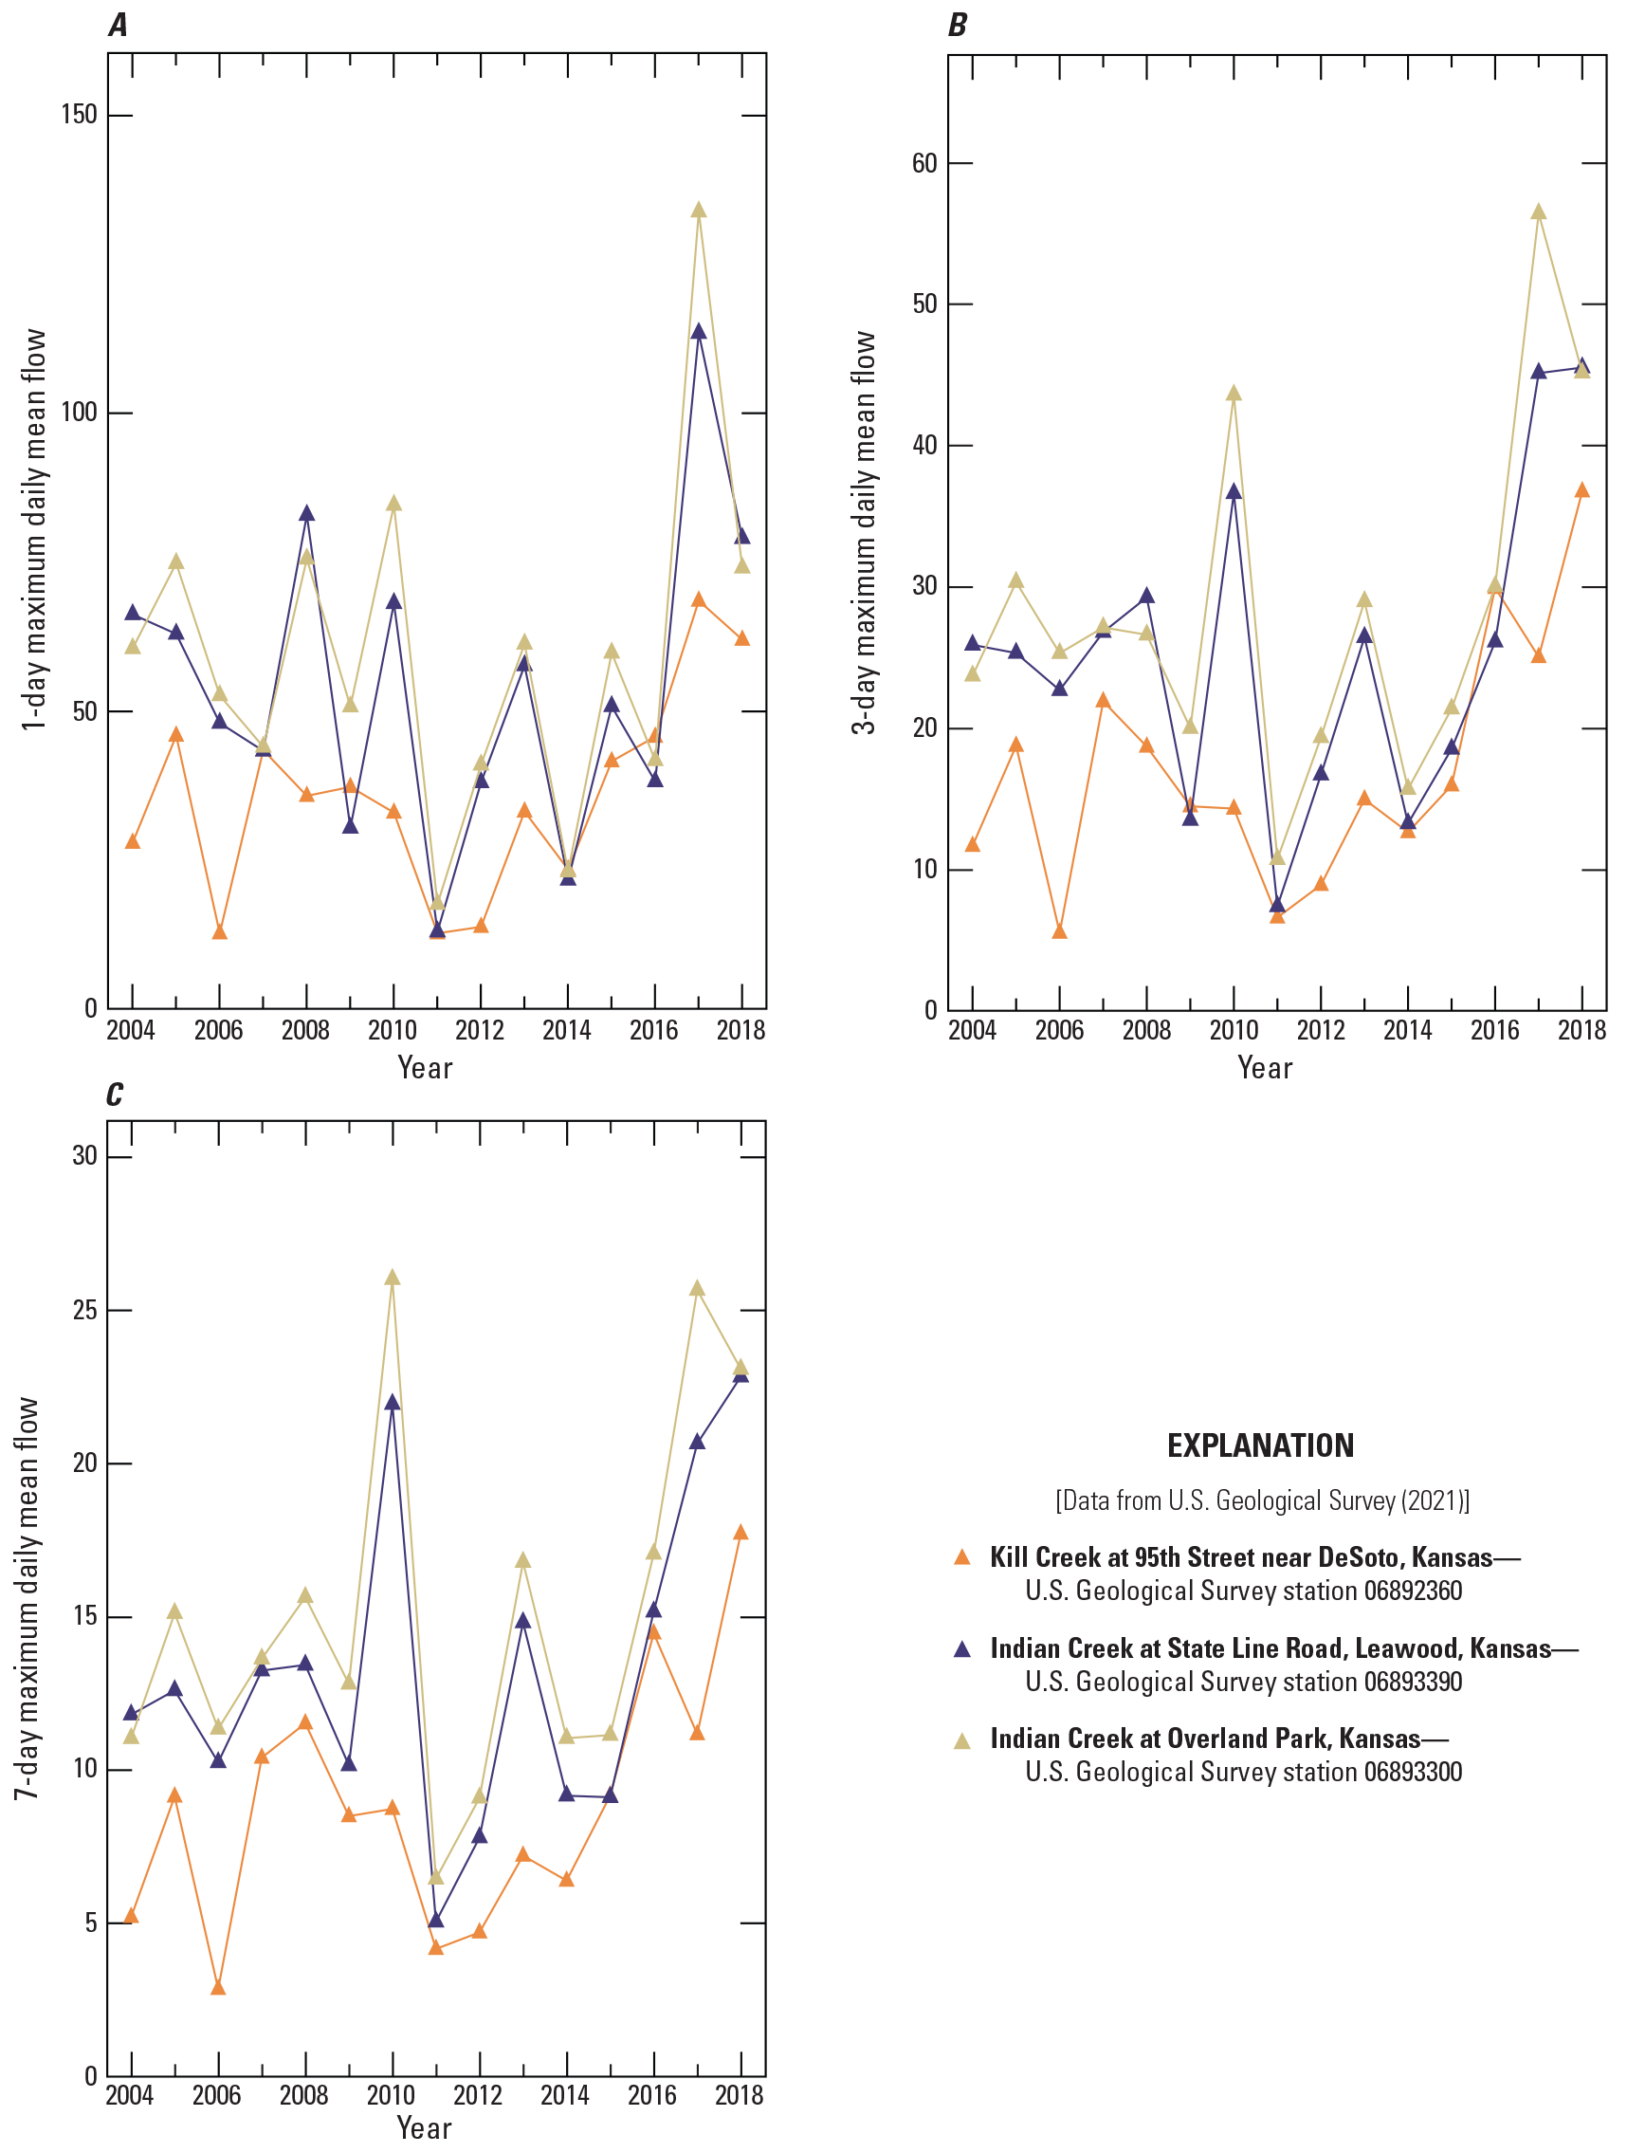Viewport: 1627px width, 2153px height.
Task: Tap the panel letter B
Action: (x=958, y=26)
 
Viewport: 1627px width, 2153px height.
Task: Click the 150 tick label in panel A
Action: (x=78, y=115)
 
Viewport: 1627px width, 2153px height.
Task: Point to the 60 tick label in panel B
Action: (x=924, y=163)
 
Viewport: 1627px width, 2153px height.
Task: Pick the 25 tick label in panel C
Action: (x=85, y=1310)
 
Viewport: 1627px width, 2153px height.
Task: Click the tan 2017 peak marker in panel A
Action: (x=699, y=211)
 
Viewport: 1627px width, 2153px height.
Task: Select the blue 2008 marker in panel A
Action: (x=306, y=514)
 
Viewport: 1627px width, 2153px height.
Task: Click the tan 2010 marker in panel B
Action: (x=1234, y=394)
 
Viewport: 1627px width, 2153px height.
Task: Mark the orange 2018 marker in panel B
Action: (x=1582, y=490)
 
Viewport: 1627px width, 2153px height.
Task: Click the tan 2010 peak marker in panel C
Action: (x=393, y=1278)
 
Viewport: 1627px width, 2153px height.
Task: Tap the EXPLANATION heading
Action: (x=1260, y=1445)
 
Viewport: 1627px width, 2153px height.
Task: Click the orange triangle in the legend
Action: (x=962, y=1557)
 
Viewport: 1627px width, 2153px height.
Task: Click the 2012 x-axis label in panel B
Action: (x=1321, y=1031)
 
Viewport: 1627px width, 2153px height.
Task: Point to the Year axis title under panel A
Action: (x=425, y=1069)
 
